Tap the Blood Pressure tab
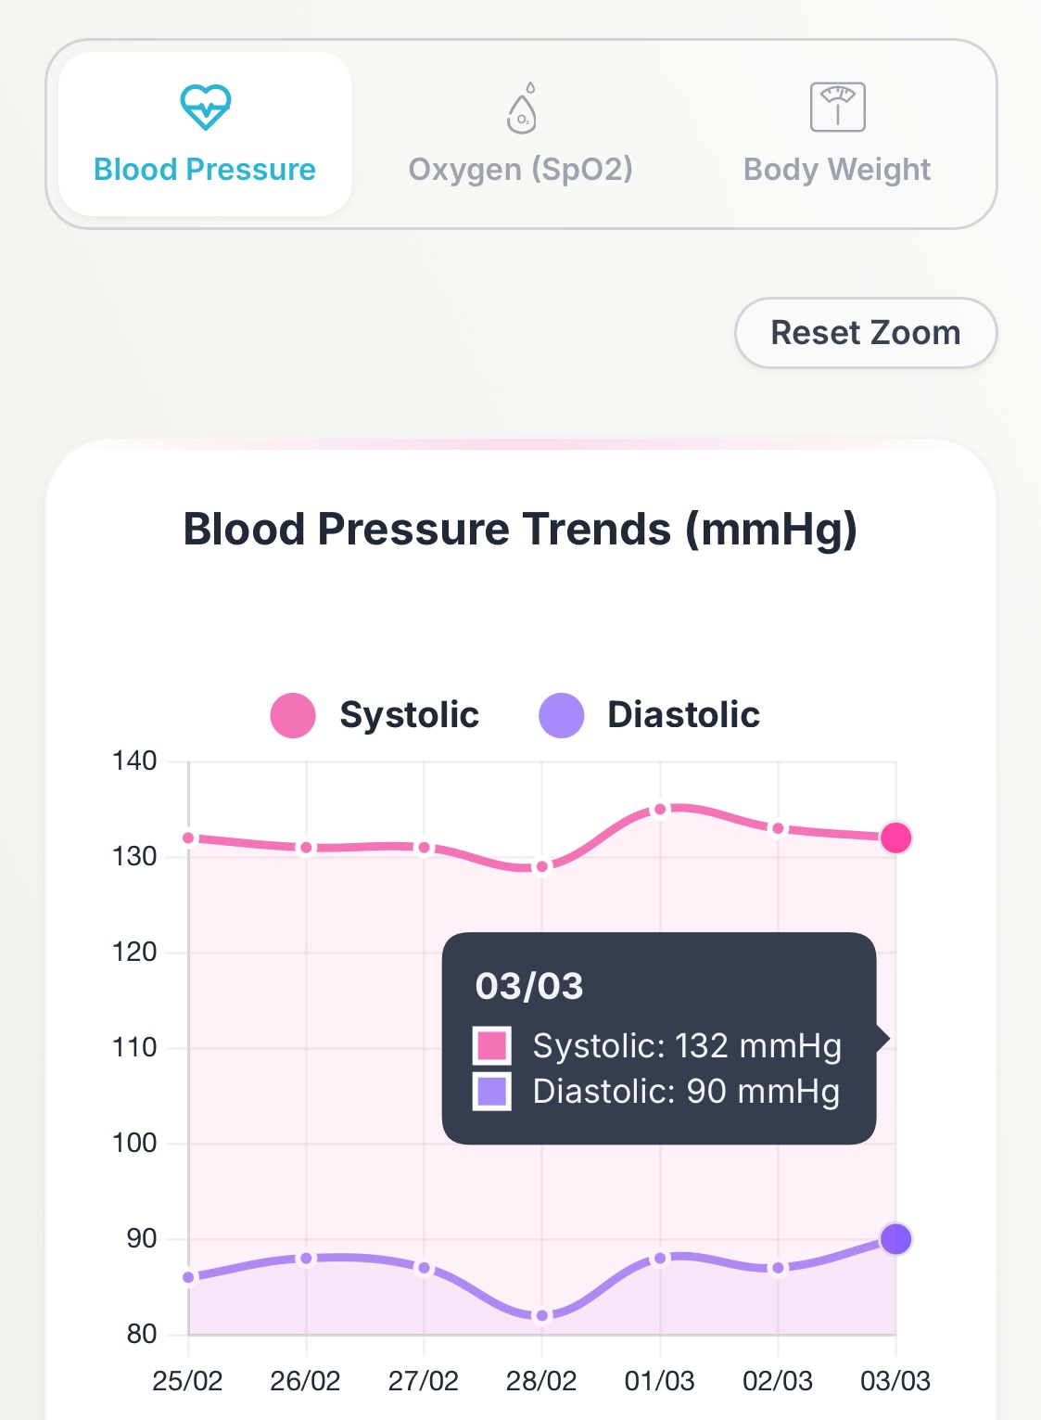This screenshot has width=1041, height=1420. click(x=205, y=134)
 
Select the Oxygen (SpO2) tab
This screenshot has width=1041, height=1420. click(x=520, y=134)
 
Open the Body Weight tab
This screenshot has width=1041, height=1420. click(x=836, y=134)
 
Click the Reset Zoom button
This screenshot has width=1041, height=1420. click(x=865, y=333)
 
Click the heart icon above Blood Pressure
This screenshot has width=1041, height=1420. click(x=205, y=107)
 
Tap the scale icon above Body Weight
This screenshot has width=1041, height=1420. click(x=837, y=107)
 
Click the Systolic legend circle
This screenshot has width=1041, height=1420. click(x=293, y=715)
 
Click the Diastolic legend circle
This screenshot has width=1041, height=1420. click(x=561, y=715)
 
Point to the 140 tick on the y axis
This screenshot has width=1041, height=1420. click(x=135, y=761)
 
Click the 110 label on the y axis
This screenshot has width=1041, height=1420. click(x=135, y=1048)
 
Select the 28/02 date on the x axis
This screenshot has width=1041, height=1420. click(x=541, y=1381)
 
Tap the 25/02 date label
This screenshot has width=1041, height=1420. click(x=187, y=1381)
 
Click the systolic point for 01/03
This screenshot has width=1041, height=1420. click(x=660, y=810)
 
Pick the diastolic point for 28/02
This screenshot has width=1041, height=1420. click(x=542, y=1315)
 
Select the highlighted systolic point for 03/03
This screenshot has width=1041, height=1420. click(x=895, y=838)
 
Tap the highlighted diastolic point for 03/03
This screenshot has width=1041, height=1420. click(x=895, y=1238)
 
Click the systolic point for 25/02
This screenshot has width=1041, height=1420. click(x=189, y=838)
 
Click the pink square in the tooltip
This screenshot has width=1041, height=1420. click(x=491, y=1045)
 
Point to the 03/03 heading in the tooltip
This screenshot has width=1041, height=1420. click(x=529, y=986)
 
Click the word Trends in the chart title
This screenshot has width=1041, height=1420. click(x=596, y=530)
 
